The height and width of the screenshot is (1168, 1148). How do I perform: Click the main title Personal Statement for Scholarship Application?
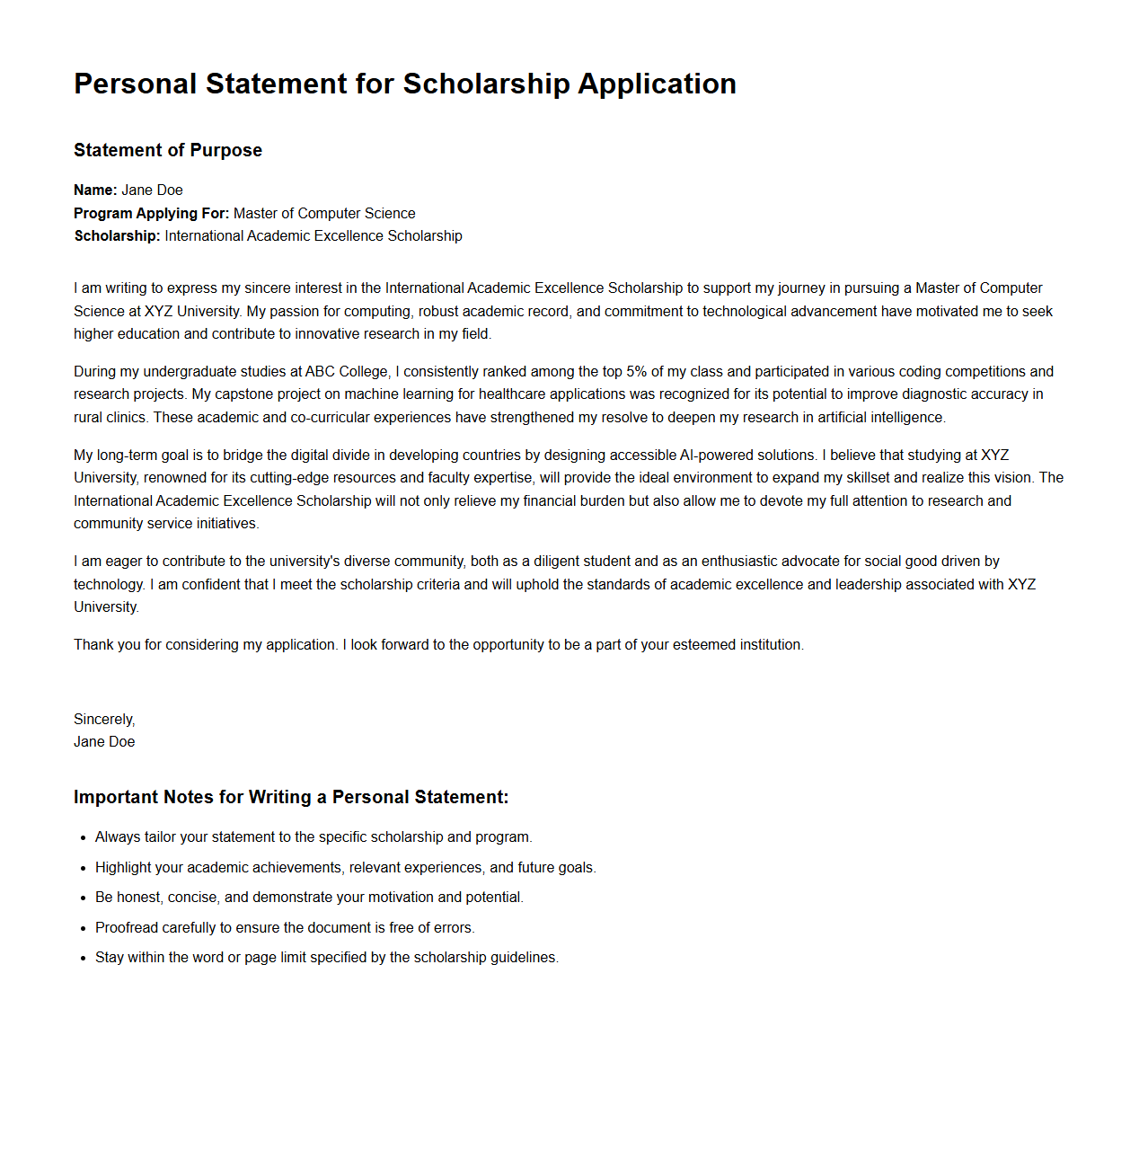[x=404, y=84]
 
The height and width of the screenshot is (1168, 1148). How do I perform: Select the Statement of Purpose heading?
[x=168, y=150]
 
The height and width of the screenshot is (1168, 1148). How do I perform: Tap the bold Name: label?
[x=95, y=190]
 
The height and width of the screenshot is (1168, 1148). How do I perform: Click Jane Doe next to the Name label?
[x=152, y=190]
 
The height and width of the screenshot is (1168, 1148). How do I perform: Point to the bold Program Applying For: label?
[x=151, y=213]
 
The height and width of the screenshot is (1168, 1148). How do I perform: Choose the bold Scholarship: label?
[x=117, y=235]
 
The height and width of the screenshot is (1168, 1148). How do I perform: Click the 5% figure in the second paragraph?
[x=636, y=371]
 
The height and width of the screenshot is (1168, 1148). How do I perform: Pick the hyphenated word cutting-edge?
[x=289, y=477]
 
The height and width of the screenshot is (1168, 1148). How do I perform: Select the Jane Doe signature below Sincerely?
[x=104, y=741]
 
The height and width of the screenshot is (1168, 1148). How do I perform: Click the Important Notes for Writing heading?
[x=291, y=797]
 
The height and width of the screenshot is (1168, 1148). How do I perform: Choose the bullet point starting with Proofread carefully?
[x=285, y=927]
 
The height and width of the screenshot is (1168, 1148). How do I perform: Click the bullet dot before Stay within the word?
[x=83, y=958]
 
